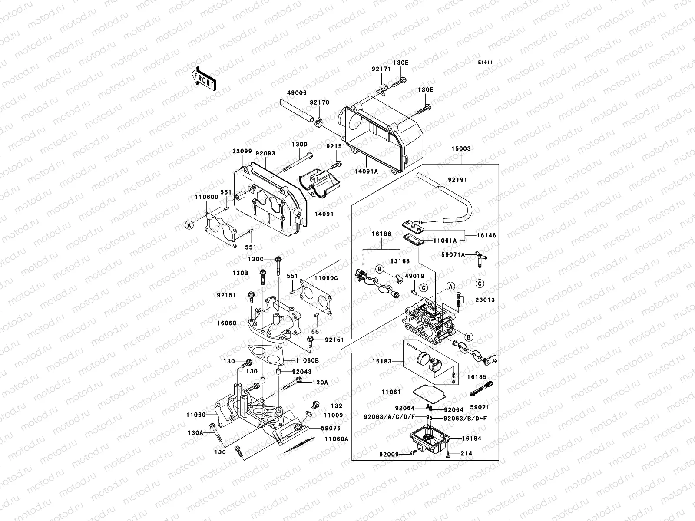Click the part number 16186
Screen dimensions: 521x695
(x=381, y=234)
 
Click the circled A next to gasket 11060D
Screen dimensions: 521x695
(x=189, y=225)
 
